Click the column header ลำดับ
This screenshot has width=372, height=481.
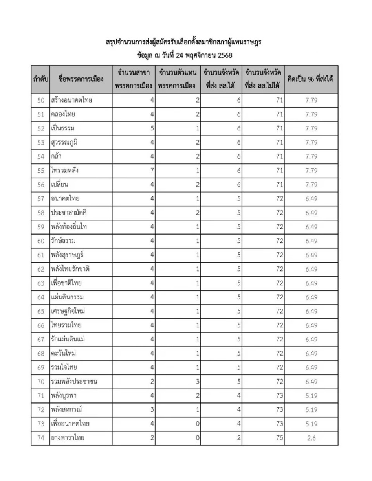(40, 79)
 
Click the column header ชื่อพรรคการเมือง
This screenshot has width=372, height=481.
(81, 79)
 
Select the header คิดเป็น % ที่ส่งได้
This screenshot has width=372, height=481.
(311, 79)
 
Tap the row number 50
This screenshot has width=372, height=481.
(41, 100)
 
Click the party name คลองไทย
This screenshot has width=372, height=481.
(63, 114)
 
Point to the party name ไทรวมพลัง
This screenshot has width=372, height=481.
(65, 171)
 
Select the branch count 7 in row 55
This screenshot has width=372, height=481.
(152, 171)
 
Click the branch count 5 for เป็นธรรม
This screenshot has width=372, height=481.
(152, 128)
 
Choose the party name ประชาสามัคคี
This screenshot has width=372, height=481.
(69, 213)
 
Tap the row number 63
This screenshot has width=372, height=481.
(41, 283)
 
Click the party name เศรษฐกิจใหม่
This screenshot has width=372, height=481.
(68, 311)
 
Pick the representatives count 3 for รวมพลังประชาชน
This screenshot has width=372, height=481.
(198, 382)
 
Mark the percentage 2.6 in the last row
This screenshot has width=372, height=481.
(311, 438)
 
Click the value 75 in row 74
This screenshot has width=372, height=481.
(279, 438)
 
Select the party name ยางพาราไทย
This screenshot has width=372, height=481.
(67, 438)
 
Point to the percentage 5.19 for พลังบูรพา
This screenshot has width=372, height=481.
(311, 396)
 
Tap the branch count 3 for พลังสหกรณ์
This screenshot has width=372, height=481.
(152, 410)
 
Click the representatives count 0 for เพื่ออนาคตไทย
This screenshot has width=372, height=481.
(198, 424)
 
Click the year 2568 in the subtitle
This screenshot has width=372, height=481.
(225, 55)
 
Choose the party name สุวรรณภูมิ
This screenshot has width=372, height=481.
(64, 142)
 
